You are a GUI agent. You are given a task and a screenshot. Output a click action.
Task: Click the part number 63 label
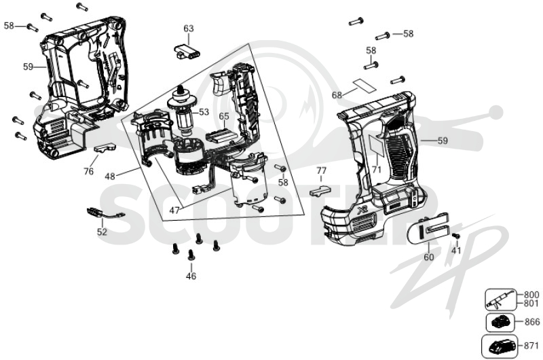click(189, 28)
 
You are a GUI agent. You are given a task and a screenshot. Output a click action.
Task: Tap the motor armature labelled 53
click(182, 111)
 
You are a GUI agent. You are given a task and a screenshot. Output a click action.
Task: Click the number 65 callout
click(224, 116)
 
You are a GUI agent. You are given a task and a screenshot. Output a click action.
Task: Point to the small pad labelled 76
click(105, 148)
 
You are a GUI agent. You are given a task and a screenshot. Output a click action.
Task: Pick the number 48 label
click(110, 177)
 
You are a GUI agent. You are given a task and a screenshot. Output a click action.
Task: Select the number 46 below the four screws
click(191, 276)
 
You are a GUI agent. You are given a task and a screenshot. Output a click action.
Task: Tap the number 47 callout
click(174, 210)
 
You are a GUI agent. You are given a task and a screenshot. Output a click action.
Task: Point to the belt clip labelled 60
click(428, 230)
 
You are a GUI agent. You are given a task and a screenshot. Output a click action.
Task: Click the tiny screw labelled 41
click(456, 235)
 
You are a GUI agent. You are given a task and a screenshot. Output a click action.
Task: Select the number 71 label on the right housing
click(377, 169)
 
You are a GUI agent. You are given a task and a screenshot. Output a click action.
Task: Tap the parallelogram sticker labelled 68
click(364, 85)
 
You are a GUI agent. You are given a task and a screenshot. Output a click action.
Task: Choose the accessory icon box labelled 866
click(500, 322)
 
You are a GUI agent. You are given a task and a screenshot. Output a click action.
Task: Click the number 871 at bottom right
click(531, 346)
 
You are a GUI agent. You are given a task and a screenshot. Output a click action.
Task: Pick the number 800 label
click(531, 295)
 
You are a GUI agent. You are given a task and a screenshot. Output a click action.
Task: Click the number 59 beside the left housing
click(29, 66)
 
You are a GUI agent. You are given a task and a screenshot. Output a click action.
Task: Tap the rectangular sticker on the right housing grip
click(375, 145)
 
